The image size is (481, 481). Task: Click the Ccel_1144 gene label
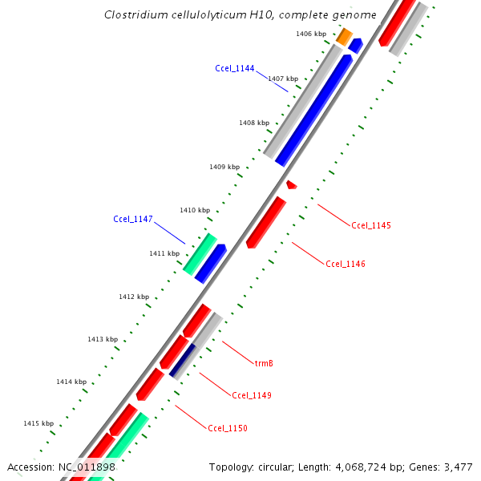[234, 68]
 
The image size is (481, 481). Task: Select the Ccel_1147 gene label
[132, 219]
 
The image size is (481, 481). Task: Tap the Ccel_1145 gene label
[370, 225]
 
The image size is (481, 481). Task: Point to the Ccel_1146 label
[346, 264]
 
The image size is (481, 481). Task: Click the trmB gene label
[264, 363]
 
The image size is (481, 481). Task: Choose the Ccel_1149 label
[251, 395]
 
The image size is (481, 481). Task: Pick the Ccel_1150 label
[227, 428]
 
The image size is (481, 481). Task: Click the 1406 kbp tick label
[310, 34]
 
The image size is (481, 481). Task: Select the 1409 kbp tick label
[224, 167]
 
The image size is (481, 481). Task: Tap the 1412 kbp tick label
[134, 297]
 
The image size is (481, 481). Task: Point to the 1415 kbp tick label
[38, 423]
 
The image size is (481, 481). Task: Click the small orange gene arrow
[344, 36]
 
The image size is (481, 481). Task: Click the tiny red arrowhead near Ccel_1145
[291, 185]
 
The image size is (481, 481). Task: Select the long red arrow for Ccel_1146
[265, 222]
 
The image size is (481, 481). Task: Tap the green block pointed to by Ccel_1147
[200, 253]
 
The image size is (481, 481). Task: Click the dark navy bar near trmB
[182, 360]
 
